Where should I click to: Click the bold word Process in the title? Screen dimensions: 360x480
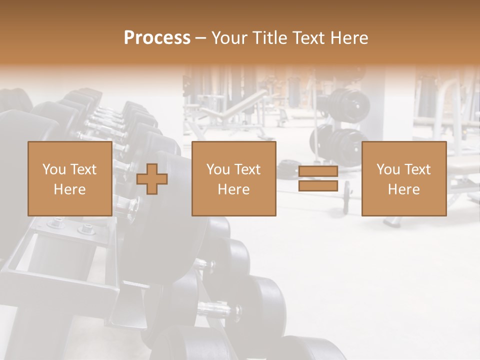[157, 38]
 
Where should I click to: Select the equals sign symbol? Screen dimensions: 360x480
[318, 179]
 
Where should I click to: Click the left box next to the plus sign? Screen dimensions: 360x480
[69, 179]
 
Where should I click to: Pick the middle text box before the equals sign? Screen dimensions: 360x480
[233, 179]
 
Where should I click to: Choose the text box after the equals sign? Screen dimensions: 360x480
[403, 179]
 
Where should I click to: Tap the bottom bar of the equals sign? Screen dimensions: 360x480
[318, 186]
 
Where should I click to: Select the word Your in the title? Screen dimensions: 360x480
[228, 38]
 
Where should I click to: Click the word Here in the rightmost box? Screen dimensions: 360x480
[403, 189]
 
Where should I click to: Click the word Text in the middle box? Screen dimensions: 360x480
[248, 169]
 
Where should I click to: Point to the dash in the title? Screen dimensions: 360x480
[200, 38]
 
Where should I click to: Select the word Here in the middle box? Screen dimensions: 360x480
[233, 189]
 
